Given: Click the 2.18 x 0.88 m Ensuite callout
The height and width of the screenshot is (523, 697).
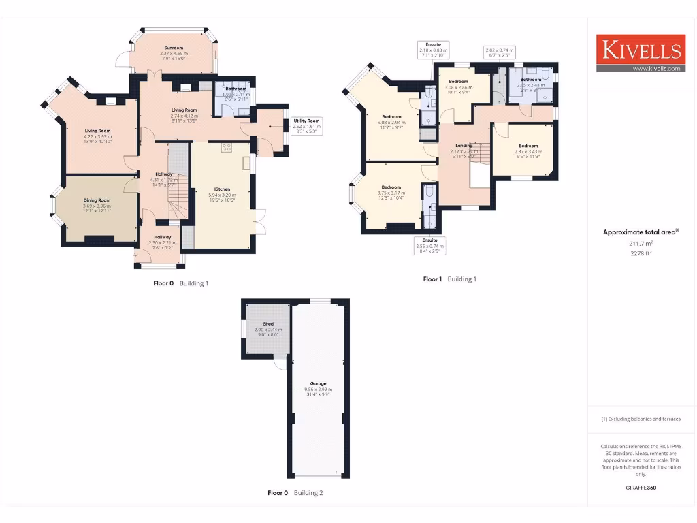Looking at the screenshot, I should (x=433, y=48).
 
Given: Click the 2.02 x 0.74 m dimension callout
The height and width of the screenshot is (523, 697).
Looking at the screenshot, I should (x=500, y=52).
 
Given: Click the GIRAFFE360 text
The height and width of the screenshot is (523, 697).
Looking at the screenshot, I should (x=641, y=488).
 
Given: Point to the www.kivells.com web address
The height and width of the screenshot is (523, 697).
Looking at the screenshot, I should (x=656, y=68).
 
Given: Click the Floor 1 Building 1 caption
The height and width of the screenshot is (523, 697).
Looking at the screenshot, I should (x=449, y=279).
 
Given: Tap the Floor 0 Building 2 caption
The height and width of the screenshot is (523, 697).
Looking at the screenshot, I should (x=295, y=493).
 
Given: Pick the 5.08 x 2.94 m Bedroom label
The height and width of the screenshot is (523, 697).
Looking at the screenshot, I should (x=391, y=120).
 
